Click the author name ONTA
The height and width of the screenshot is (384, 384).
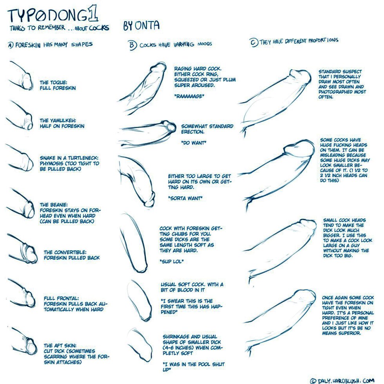click(147, 26)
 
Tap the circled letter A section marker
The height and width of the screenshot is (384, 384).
click(11, 45)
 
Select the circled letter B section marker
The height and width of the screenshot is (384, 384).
click(132, 45)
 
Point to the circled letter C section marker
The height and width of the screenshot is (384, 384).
click(254, 42)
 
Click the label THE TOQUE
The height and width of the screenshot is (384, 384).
click(53, 83)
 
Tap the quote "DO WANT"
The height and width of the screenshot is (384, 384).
click(194, 143)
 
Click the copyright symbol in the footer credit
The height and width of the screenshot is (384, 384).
click(313, 380)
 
